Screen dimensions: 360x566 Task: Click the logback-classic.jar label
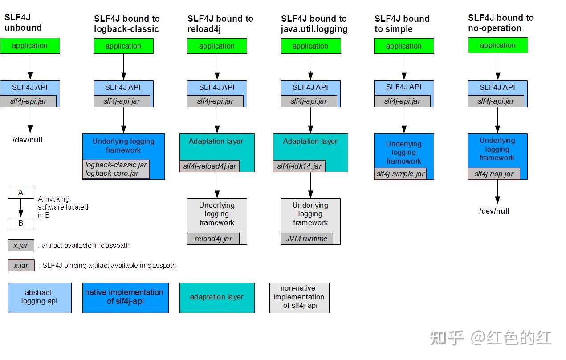point(116,165)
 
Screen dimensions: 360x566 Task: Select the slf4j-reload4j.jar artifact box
point(210,166)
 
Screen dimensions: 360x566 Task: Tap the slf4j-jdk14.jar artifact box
point(299,166)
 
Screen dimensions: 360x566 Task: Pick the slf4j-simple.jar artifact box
point(400,174)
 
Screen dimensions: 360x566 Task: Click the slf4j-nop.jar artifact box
point(493,174)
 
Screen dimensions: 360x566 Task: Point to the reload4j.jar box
point(213,239)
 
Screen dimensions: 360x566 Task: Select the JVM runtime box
point(306,239)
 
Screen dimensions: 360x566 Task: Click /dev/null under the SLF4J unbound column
point(28,140)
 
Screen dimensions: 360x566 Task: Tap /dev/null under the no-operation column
point(494,211)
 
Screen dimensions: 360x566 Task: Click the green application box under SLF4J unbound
point(30,46)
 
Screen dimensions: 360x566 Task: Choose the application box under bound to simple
point(404,46)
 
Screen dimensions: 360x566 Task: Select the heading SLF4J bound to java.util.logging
point(314,24)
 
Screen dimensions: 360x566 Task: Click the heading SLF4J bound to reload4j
point(220,24)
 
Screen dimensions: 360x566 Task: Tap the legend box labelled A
point(20,193)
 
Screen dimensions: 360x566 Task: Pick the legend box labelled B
point(20,223)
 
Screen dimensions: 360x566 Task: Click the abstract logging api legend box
point(39,297)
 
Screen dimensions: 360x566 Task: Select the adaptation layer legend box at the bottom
point(217,297)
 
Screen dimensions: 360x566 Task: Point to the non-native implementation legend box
point(299,297)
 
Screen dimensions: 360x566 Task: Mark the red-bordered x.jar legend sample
point(21,266)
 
